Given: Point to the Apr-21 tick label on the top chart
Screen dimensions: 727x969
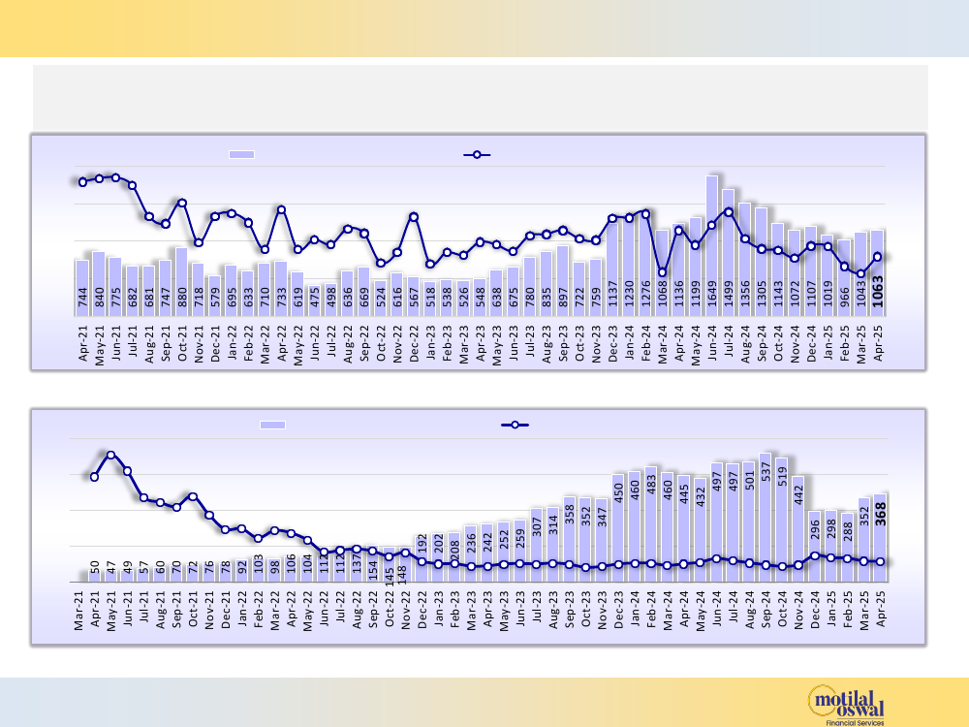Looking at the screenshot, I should coord(82,344).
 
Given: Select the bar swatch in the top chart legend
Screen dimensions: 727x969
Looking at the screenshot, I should coord(241,154).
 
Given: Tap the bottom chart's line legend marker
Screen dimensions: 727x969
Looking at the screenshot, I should coord(515,425).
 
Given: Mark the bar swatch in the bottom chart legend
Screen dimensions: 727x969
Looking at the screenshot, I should coord(273,425).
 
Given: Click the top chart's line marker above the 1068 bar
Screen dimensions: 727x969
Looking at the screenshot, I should coord(663,272).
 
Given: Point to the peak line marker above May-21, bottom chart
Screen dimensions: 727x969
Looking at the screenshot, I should coord(111,455).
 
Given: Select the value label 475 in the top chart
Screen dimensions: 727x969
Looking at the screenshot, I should coord(314,294).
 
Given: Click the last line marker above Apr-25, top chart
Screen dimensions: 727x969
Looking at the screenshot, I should coord(877,257).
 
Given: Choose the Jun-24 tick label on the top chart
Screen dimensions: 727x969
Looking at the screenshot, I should coord(712,344).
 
